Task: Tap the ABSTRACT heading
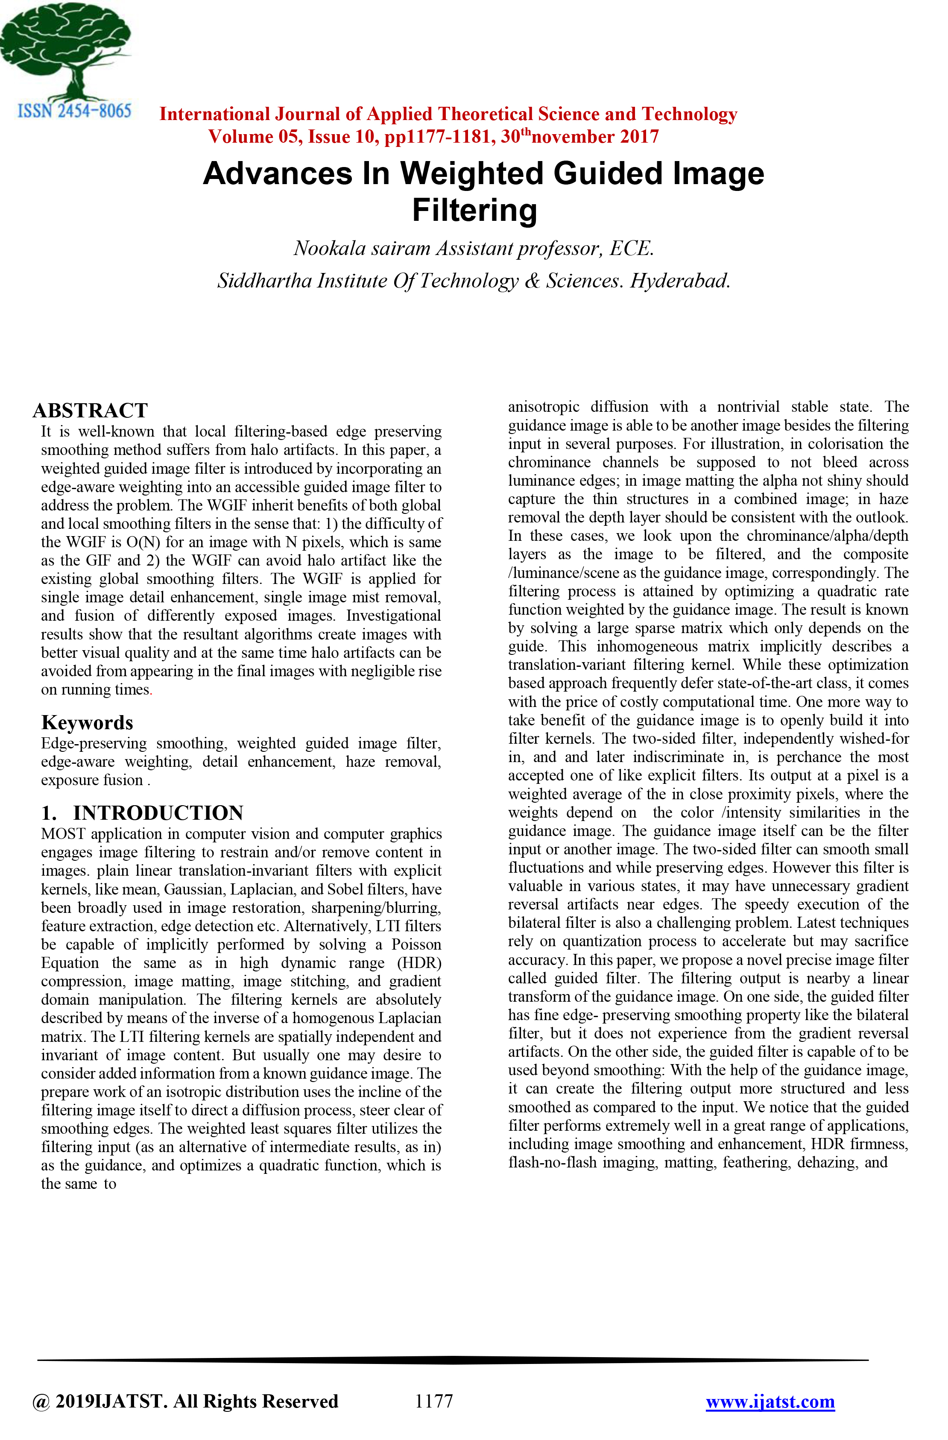click(90, 410)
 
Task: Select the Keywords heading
click(87, 722)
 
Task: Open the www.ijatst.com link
click(770, 1401)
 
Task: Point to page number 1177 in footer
click(434, 1401)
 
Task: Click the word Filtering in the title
click(474, 211)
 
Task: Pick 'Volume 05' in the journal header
click(254, 137)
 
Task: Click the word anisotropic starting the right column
click(543, 407)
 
